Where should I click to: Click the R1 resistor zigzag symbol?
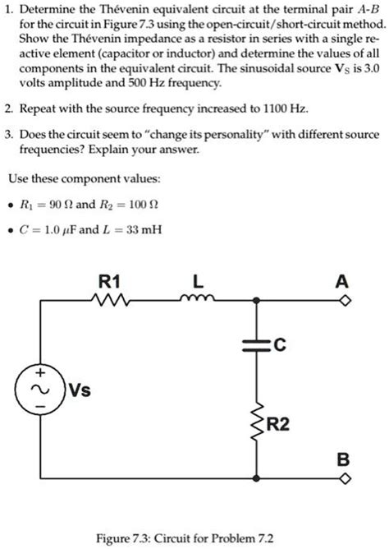coord(108,302)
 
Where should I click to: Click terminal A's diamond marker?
coord(346,302)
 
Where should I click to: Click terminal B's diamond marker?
coord(346,477)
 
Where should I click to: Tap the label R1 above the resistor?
coord(108,282)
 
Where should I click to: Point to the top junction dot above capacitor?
coord(258,302)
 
